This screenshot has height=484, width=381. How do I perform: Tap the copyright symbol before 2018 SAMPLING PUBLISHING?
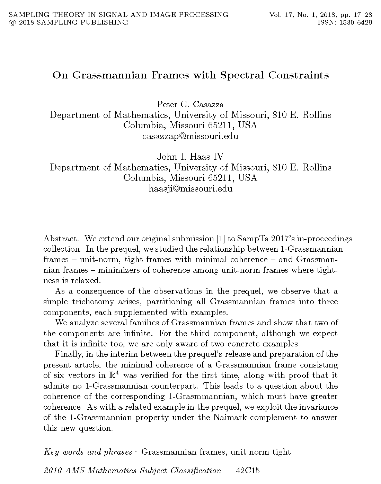pos(12,23)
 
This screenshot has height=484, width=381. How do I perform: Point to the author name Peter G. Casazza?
pos(190,104)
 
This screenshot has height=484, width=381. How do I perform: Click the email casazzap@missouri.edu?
pos(190,136)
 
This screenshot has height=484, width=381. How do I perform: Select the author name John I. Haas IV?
pos(190,157)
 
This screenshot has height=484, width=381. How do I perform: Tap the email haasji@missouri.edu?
pos(190,188)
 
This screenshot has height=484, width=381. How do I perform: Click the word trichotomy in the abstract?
pos(93,301)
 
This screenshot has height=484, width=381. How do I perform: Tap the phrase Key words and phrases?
pos(88,452)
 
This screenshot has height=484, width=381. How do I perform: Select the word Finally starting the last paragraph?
pos(67,354)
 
